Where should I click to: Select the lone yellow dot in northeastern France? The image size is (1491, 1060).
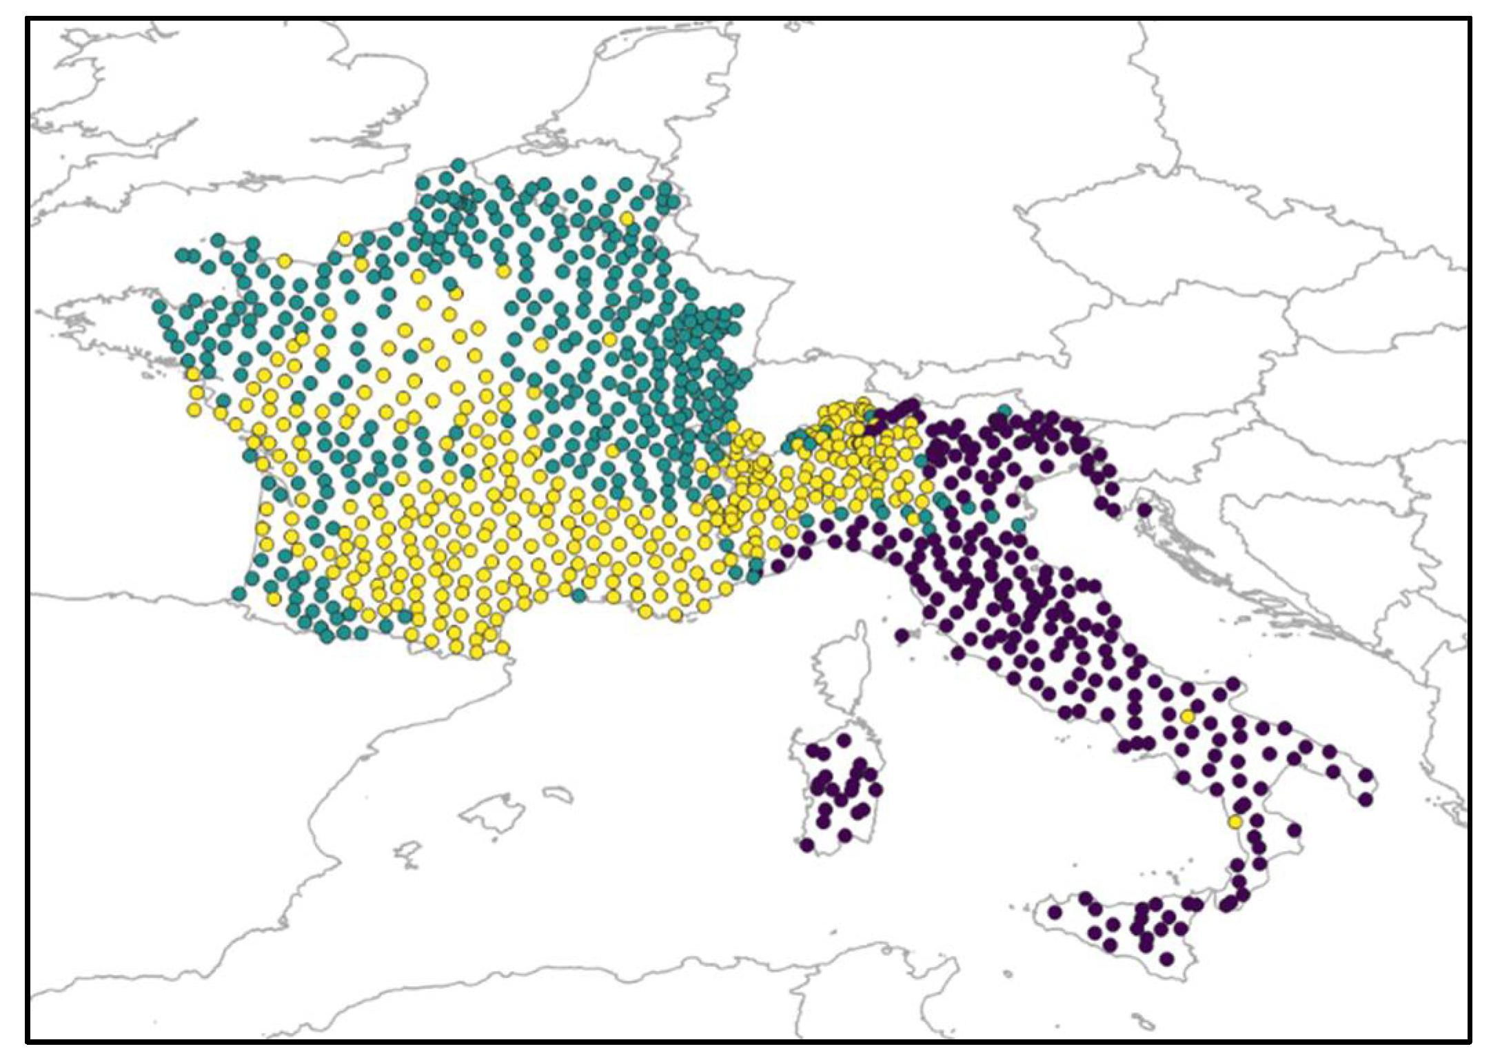coord(627,218)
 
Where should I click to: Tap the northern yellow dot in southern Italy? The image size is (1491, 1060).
coord(1187,717)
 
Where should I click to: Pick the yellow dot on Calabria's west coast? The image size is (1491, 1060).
coord(1235,822)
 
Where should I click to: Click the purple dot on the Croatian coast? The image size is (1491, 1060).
coord(1144,510)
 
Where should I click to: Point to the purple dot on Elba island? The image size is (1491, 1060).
coord(902,635)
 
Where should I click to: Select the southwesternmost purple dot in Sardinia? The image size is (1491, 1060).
coord(807,845)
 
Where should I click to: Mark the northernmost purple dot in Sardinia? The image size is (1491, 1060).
coord(844,740)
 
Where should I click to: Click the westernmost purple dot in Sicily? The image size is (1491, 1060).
coord(1054,912)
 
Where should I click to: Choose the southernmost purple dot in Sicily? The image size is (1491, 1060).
coord(1166,959)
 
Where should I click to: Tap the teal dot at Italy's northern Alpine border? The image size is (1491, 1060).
coord(1004,411)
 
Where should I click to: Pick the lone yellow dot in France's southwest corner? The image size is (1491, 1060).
coord(274,599)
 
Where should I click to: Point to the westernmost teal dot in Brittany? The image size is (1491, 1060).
coord(159,306)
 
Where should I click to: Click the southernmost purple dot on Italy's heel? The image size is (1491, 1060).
coord(1366,799)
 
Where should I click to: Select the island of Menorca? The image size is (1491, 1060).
coord(557,795)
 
